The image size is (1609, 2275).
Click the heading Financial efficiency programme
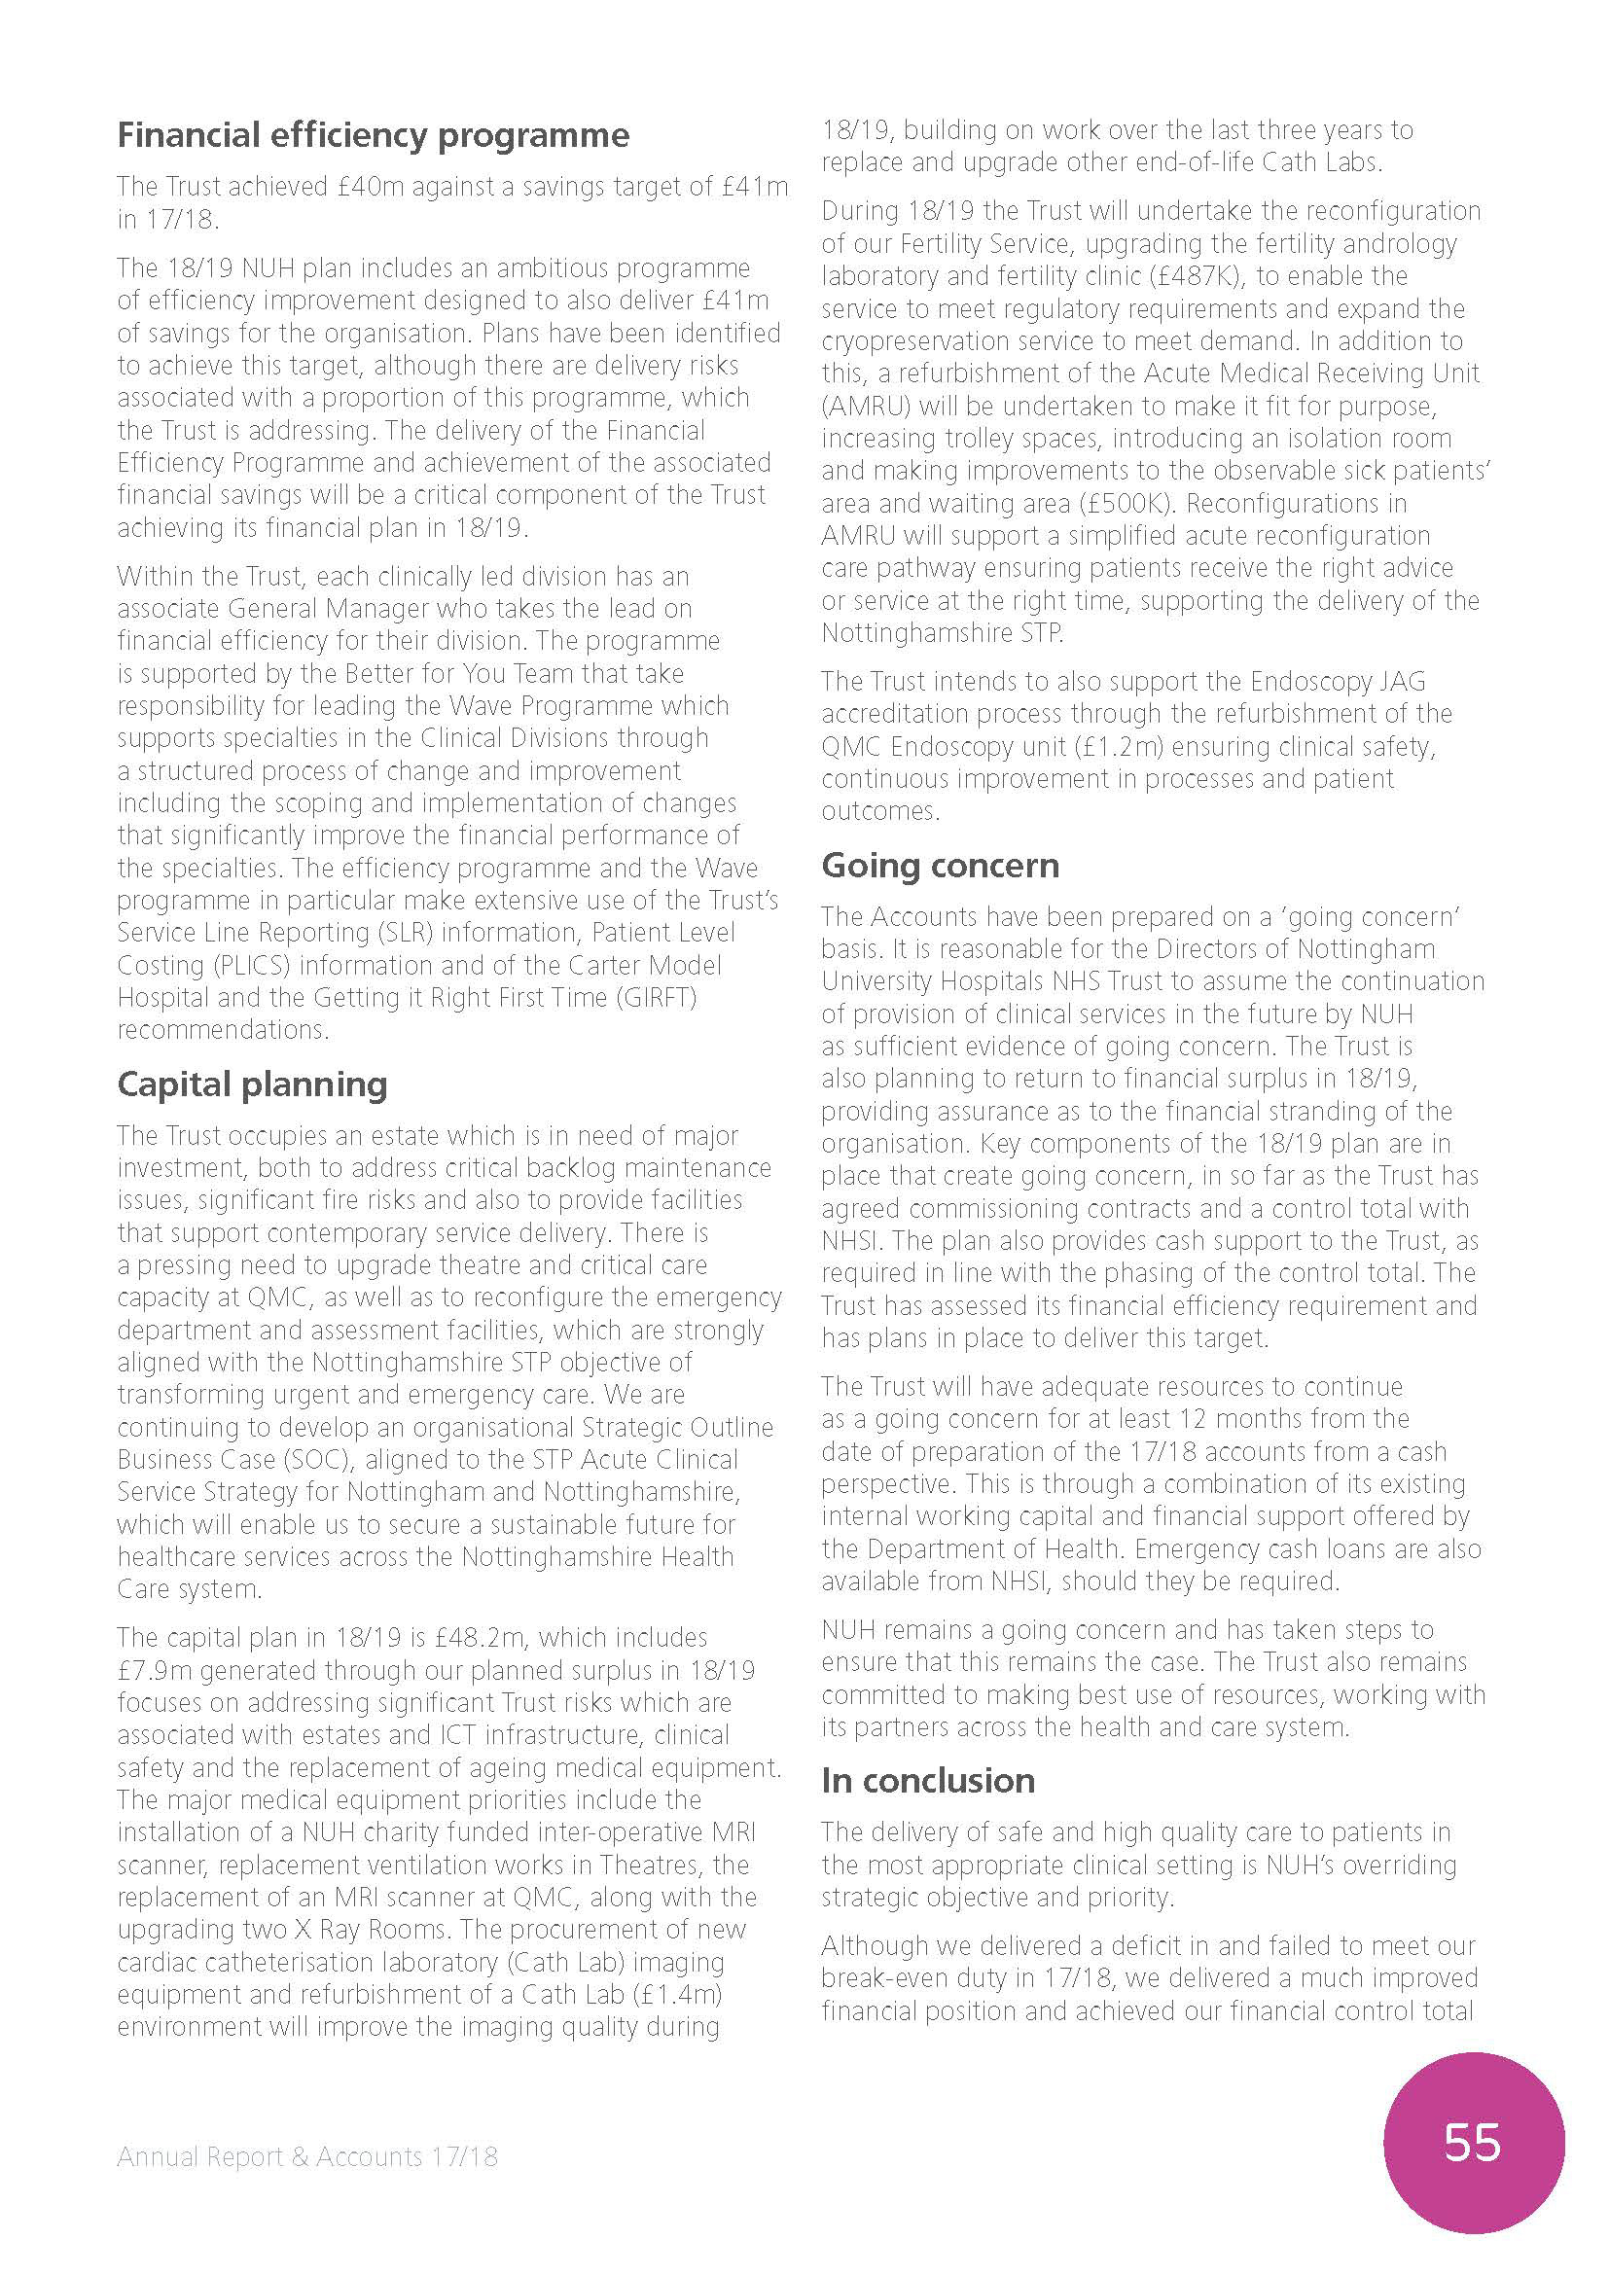pos(373,135)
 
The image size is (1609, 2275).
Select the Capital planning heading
pos(252,1084)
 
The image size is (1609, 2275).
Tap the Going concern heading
pos(940,865)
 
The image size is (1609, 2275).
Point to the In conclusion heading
pos(927,1781)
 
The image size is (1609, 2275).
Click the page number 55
pos(1472,2142)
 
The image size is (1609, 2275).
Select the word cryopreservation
pos(927,340)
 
